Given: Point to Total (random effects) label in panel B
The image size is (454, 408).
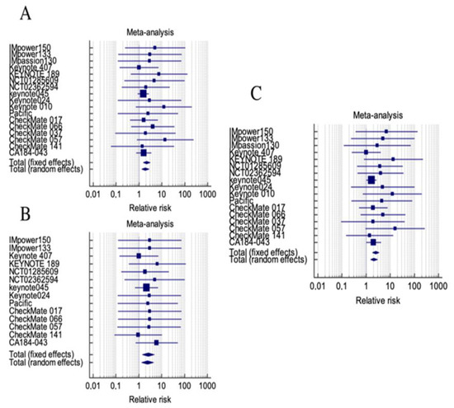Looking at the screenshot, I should point(47,362).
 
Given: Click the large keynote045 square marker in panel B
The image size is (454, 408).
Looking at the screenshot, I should point(146,287).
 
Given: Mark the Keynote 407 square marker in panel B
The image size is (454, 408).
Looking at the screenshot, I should point(138,256).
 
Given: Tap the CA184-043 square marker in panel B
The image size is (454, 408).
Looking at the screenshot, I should point(156,342).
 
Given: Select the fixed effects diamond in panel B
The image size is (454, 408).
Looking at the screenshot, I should point(148,354).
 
